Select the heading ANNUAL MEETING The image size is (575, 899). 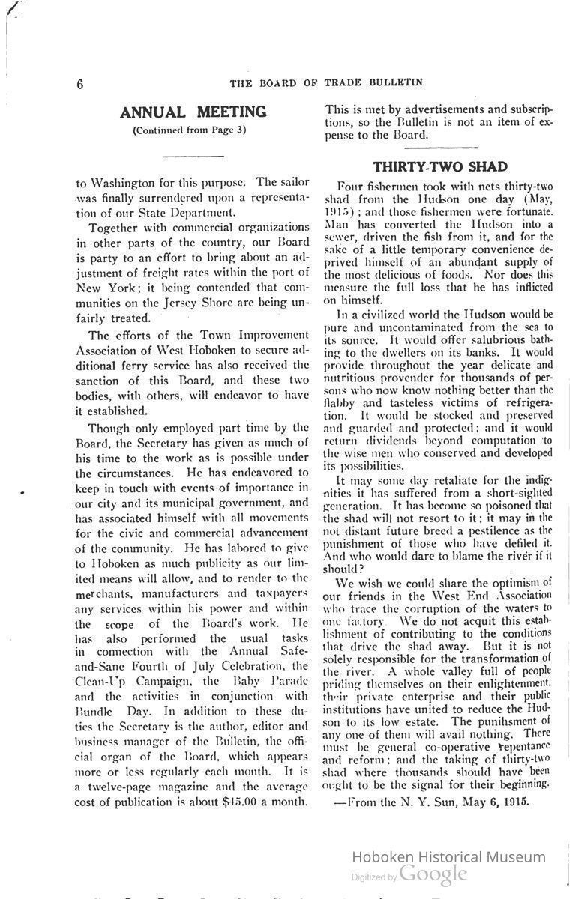tap(193, 112)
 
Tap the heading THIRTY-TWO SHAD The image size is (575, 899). tap(440, 166)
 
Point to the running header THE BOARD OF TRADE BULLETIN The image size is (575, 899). tap(326, 82)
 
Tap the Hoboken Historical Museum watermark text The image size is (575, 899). tap(448, 857)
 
